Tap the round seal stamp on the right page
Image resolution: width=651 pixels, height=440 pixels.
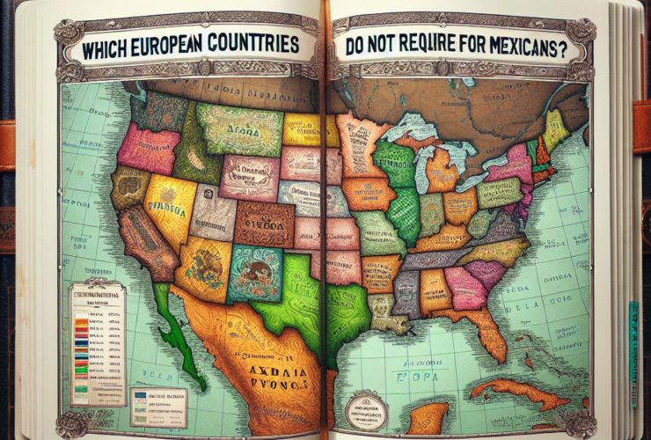(366, 410)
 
